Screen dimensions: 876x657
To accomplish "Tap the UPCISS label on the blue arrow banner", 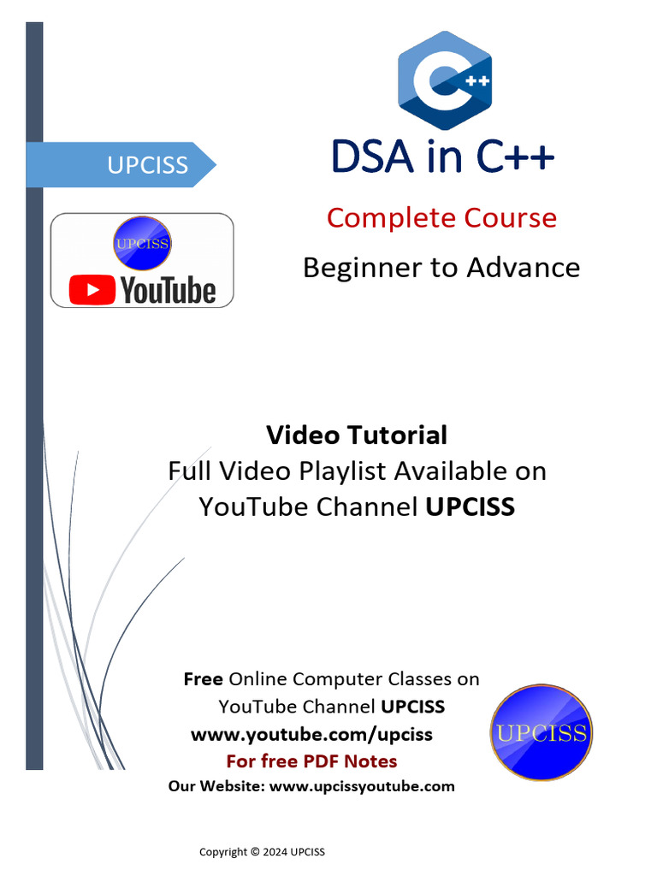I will pos(147,164).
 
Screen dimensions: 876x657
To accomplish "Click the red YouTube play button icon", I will pos(92,291).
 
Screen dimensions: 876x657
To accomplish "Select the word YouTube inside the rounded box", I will pos(168,291).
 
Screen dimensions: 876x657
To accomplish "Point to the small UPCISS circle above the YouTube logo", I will pos(142,244).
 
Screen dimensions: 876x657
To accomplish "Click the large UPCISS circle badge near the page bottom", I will pos(541,732).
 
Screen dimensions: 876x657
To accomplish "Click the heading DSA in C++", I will pos(442,157).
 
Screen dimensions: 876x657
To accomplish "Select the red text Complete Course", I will pos(441,217).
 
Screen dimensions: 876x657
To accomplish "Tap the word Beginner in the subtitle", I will pos(358,268).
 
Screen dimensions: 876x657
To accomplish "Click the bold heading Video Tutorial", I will pos(356,435).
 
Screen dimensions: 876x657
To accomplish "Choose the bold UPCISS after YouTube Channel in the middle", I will pos(470,506).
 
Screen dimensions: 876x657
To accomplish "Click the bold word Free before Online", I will pos(203,679).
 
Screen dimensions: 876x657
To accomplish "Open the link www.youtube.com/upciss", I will pos(311,734).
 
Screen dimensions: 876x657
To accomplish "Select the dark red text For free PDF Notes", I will pos(311,761).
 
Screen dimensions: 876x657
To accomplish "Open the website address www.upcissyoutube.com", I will pos(362,786).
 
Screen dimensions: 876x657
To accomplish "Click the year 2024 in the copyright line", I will pos(274,852).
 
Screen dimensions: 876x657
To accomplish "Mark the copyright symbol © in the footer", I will pos(254,852).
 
